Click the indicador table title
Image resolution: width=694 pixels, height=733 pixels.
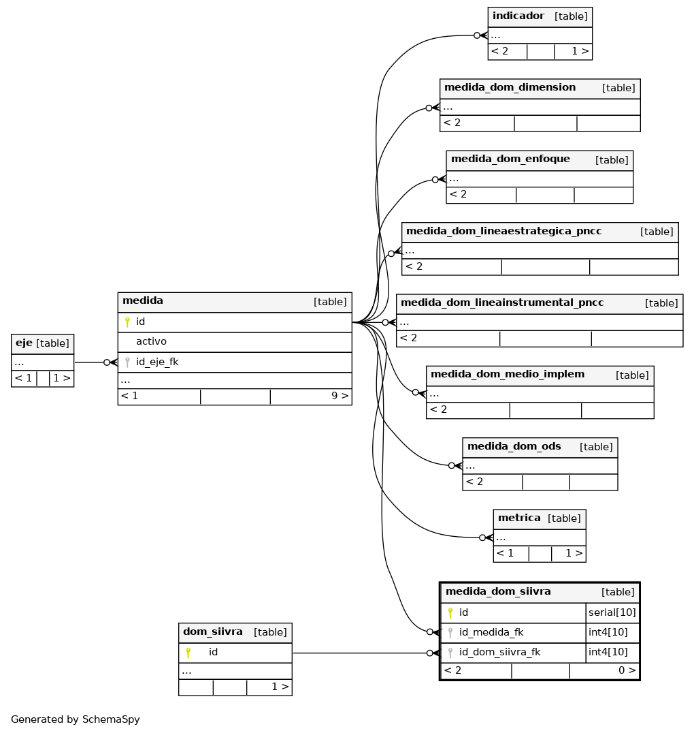(x=518, y=16)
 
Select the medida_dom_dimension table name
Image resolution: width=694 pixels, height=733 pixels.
(x=510, y=87)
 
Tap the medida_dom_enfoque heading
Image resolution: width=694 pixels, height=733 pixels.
(x=510, y=159)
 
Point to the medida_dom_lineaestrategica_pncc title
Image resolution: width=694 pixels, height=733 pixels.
(x=503, y=231)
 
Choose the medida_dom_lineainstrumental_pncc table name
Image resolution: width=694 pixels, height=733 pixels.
(x=502, y=302)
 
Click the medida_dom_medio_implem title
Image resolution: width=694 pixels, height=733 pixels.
(x=507, y=374)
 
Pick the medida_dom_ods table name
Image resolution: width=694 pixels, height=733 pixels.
(x=514, y=446)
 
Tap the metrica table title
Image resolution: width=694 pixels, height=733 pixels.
(x=519, y=518)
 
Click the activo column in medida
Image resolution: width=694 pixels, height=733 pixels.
(x=151, y=341)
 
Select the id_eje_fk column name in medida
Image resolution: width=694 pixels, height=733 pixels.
(x=157, y=362)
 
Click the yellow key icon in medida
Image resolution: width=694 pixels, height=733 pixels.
(x=127, y=322)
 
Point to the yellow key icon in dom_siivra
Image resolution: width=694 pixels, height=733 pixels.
(x=188, y=652)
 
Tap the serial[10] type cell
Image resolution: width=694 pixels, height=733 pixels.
(x=612, y=612)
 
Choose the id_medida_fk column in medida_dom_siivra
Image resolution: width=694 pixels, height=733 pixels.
(x=491, y=632)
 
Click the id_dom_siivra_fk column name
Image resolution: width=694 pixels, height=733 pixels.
(x=499, y=652)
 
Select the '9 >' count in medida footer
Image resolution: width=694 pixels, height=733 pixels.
(x=340, y=396)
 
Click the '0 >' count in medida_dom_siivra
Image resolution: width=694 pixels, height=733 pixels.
(x=627, y=670)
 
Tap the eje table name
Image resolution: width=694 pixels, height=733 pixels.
(x=24, y=343)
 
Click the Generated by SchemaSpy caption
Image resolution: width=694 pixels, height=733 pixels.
(x=76, y=719)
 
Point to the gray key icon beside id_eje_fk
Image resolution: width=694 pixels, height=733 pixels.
(x=127, y=362)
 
